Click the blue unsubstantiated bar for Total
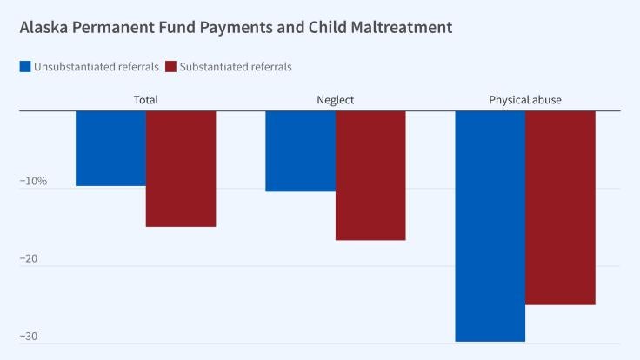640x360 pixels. [x=110, y=148]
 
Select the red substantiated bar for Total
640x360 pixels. [x=180, y=169]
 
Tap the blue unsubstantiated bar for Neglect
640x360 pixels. [x=300, y=150]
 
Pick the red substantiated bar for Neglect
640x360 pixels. [x=370, y=175]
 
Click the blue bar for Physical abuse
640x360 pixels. [x=490, y=226]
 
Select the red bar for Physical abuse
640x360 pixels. [x=560, y=207]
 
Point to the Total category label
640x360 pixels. [x=145, y=100]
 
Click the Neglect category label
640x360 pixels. [x=336, y=100]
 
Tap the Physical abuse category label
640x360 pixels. [x=525, y=100]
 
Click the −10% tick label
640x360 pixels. [x=33, y=182]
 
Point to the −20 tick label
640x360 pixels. [x=30, y=259]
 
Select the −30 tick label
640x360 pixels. [x=30, y=337]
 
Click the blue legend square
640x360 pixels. [x=25, y=67]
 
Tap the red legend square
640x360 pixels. [x=170, y=67]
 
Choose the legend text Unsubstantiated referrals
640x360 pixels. [x=96, y=67]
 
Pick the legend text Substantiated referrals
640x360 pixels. [x=236, y=67]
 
